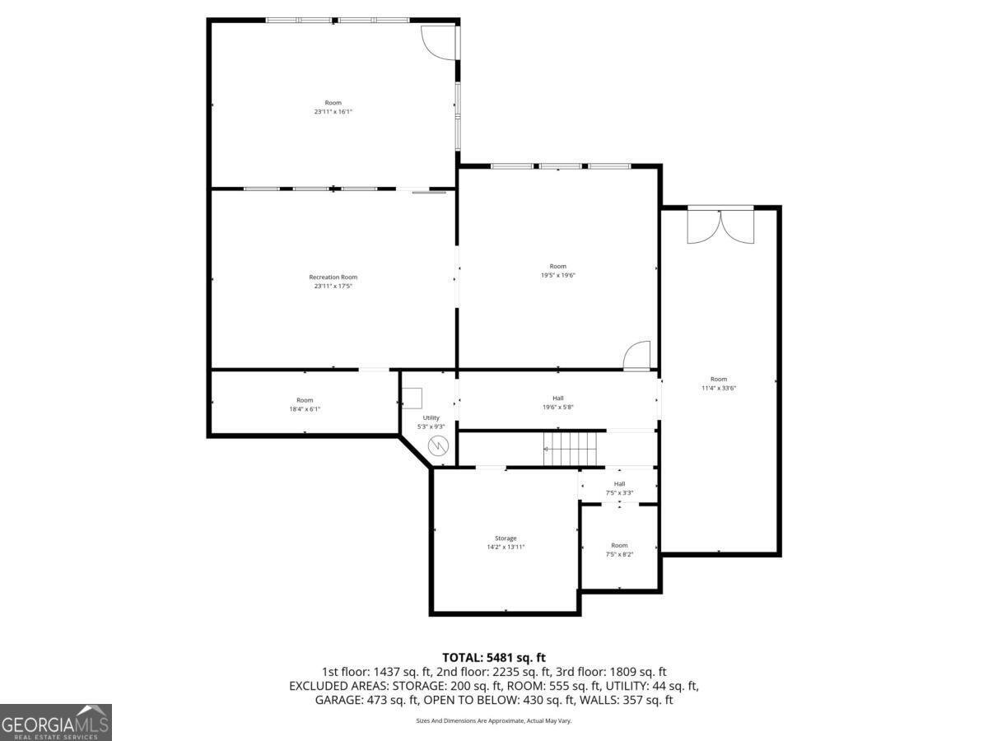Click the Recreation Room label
click(x=333, y=277)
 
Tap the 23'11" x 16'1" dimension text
click(x=333, y=112)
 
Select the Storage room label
click(x=506, y=538)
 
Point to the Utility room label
click(x=431, y=418)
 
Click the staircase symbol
click(x=571, y=449)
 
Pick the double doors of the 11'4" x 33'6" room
click(x=720, y=226)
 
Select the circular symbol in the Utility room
click(x=439, y=446)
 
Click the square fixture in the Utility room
click(x=412, y=398)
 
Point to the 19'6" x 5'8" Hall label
click(x=558, y=398)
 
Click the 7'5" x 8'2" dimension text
click(x=619, y=554)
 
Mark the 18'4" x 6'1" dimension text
click(x=305, y=409)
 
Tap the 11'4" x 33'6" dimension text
click(x=719, y=388)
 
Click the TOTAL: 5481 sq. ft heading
click(x=494, y=657)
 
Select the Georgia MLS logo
click(x=55, y=722)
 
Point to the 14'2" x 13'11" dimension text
click(x=506, y=547)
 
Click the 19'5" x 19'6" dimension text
click(x=558, y=275)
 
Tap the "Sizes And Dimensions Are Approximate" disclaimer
click(x=494, y=720)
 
